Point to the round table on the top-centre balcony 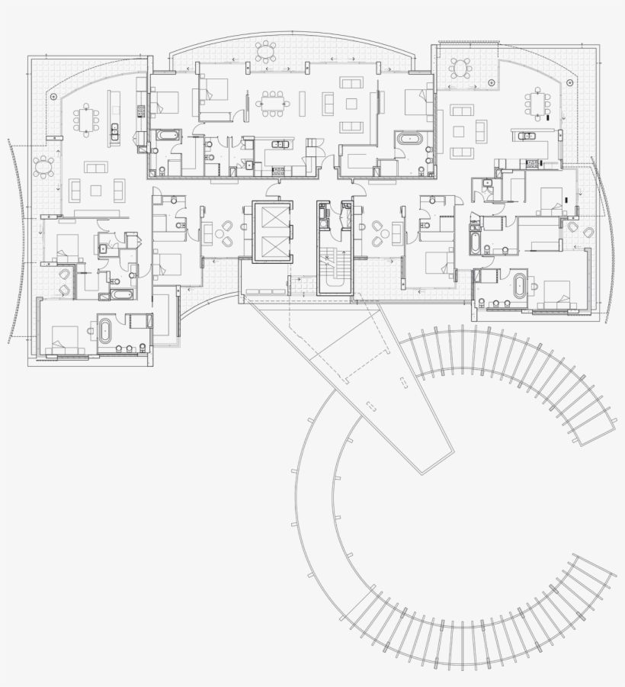(266, 51)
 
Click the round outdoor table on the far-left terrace (44, 165)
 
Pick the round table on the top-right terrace (460, 69)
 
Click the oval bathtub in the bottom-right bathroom (520, 286)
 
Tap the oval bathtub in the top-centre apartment (412, 140)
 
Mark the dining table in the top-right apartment (538, 102)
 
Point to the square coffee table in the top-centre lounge (351, 103)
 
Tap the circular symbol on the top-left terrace (53, 97)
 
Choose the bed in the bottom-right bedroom (556, 294)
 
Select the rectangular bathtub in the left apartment (122, 294)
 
